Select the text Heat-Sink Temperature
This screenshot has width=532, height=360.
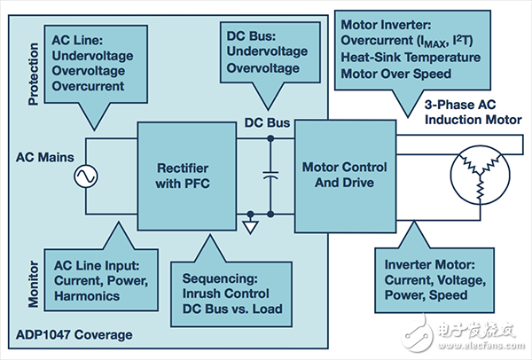pos(419,57)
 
